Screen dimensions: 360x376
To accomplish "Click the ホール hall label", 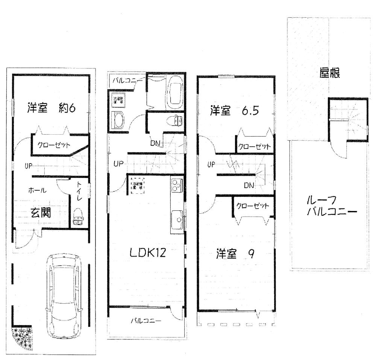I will click(x=37, y=190).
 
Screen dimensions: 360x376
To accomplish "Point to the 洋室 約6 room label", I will click(x=52, y=108).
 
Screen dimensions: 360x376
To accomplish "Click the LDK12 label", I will click(x=148, y=253).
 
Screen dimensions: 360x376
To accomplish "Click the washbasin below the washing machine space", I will click(x=118, y=120).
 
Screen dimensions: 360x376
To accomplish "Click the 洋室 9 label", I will click(x=234, y=254).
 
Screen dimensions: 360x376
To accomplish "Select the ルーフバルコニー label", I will click(x=331, y=205).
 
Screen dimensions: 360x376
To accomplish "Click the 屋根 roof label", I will click(x=330, y=73).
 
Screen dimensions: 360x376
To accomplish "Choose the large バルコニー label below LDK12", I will click(x=146, y=321).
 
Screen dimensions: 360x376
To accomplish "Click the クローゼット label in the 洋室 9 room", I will click(x=253, y=206).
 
